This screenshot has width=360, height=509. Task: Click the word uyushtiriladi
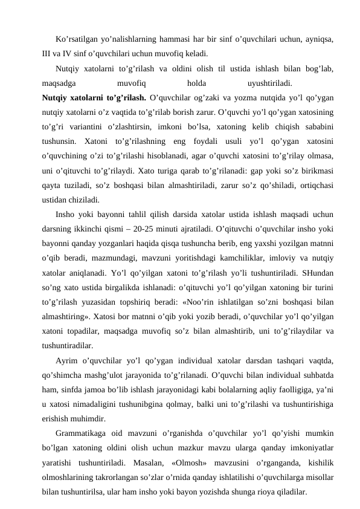coord(271,82)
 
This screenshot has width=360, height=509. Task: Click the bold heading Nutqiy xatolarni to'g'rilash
coord(94,96)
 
